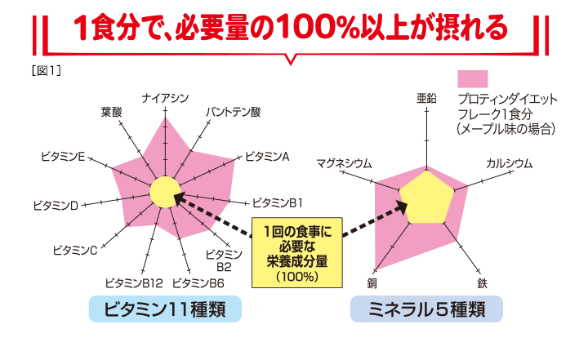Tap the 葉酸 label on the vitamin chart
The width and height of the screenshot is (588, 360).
111,111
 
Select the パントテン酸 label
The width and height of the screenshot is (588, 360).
233,111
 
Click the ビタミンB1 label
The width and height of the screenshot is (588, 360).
278,202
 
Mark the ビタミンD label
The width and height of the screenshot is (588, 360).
56,204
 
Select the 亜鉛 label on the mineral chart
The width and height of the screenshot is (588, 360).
426,98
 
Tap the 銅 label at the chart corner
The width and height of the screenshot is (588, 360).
372,282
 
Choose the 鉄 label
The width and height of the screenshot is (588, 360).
483,282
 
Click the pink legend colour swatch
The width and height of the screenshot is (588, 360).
472,78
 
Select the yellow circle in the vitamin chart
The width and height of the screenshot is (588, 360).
164,192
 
